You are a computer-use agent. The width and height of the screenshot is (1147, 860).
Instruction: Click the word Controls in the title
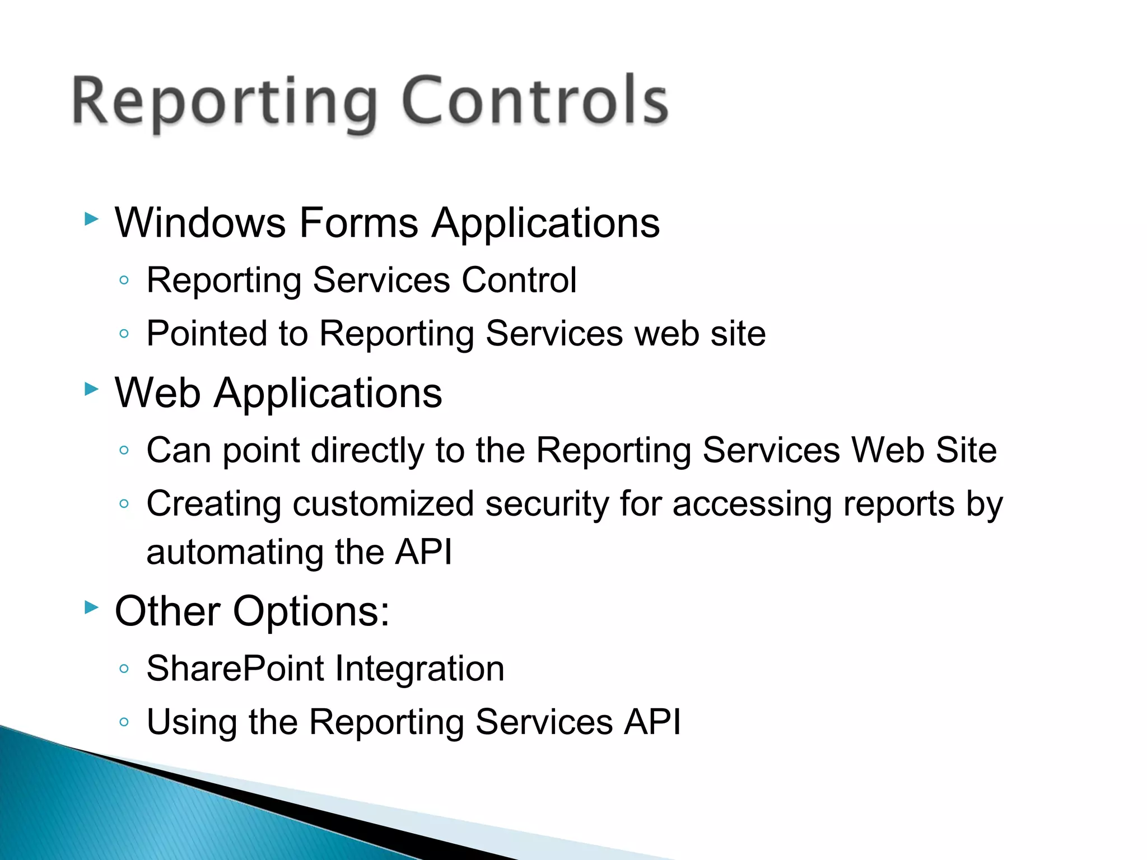tap(535, 101)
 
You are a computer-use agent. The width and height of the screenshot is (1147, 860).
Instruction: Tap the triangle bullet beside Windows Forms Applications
tap(91, 219)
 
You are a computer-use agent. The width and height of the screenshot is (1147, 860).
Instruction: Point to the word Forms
tap(358, 223)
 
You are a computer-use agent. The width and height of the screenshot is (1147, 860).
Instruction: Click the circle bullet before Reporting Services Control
tap(124, 280)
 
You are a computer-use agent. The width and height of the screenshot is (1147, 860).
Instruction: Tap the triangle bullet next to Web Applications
tap(91, 389)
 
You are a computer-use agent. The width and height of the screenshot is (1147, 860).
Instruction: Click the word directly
tap(367, 451)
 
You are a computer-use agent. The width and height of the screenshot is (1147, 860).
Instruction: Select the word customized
tap(383, 504)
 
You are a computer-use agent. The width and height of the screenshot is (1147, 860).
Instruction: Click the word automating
tap(234, 553)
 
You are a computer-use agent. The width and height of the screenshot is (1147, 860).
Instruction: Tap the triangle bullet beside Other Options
tap(91, 607)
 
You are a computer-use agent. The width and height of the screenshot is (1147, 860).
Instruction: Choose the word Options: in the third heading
tap(311, 611)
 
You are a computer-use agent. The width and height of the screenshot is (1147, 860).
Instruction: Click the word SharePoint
tap(235, 669)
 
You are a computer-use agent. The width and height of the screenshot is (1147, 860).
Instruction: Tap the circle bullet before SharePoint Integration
tap(124, 669)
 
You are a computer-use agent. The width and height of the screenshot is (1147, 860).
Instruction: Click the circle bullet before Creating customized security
tap(124, 503)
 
